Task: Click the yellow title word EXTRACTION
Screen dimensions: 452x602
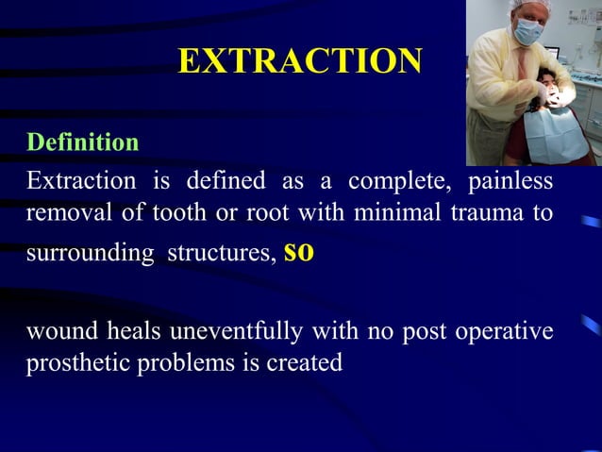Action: pyautogui.click(x=300, y=61)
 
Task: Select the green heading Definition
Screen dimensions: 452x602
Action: pyautogui.click(x=83, y=142)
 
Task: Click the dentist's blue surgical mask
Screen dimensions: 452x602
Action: pyautogui.click(x=528, y=31)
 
